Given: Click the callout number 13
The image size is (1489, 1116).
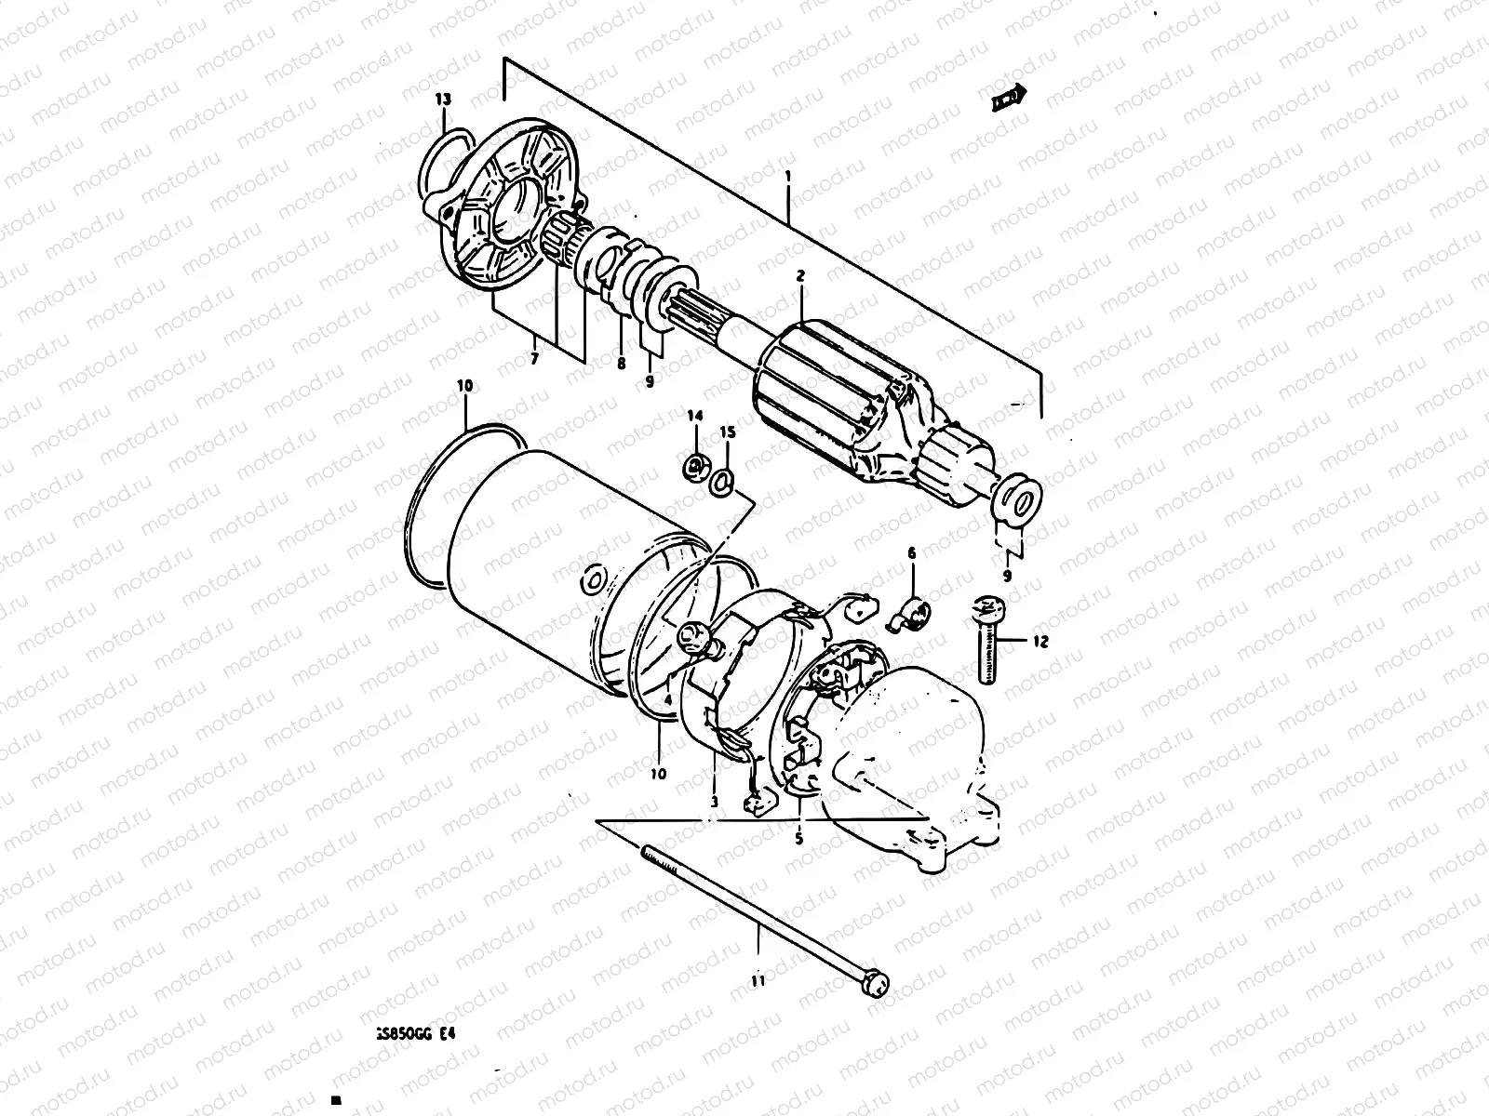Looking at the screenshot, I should [442, 99].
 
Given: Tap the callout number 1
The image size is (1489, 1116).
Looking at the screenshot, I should [788, 175].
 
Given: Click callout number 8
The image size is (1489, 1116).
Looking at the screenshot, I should [621, 364].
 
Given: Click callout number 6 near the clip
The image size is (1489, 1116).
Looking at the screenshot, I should [911, 553].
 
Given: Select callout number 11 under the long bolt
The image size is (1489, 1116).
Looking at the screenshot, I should [758, 980].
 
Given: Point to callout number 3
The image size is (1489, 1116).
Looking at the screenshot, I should [714, 801].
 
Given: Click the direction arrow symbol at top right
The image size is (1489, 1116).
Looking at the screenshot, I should [1008, 95].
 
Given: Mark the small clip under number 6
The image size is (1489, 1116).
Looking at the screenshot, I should [908, 615].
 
